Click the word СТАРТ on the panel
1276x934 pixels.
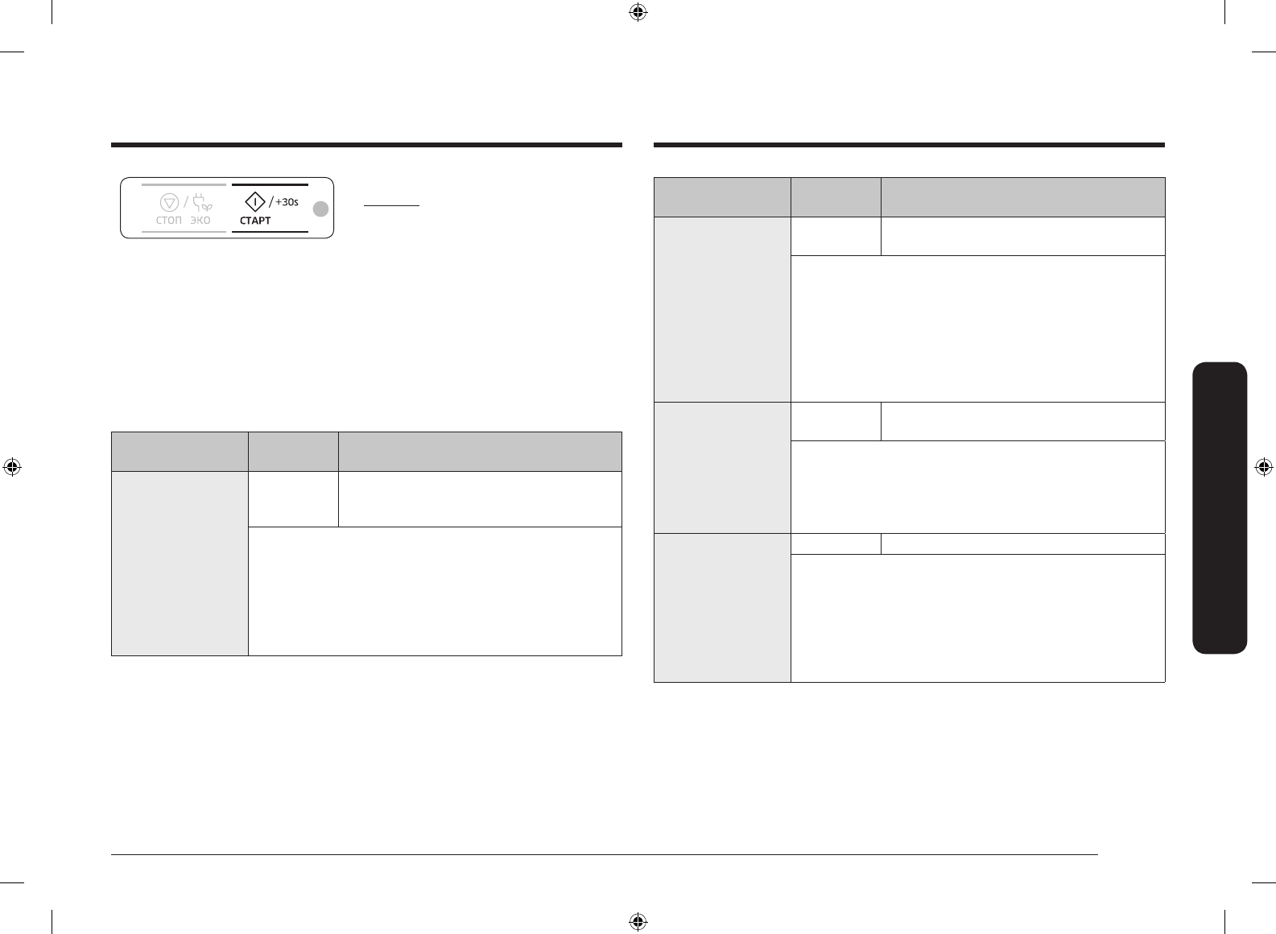pos(255,221)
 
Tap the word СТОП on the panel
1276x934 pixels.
pos(168,221)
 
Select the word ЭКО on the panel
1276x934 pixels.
pos(200,221)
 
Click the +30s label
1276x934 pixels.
pos(287,201)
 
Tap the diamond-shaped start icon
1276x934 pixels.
pos(254,201)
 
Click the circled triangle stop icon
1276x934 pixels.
pos(169,202)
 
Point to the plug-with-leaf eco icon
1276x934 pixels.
pos(201,202)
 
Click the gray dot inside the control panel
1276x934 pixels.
pos(320,209)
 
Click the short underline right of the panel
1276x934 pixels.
pos(391,206)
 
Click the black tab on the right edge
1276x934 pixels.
pos(1221,507)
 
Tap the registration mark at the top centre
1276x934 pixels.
pos(638,12)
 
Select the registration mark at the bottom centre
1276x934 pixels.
pos(638,921)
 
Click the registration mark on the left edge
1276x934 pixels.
pos(12,467)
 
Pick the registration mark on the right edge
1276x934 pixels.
pos(1263,467)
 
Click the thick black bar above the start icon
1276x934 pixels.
pos(270,184)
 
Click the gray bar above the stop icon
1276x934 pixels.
pos(184,184)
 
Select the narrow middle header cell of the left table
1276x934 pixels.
pos(293,452)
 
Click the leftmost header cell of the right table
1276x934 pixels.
pos(722,197)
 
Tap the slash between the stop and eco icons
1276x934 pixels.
pos(186,201)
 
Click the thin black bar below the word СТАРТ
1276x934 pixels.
pos(270,232)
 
